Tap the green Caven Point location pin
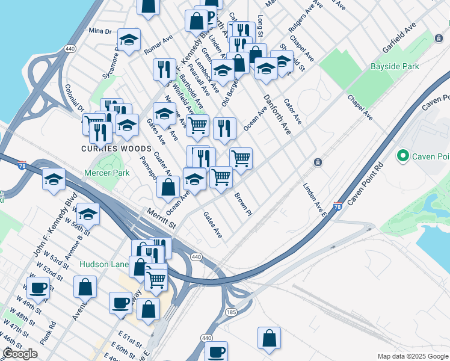(x=402, y=157)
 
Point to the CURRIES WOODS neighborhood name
(x=106, y=148)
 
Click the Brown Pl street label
(x=242, y=205)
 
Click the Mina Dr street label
(x=100, y=31)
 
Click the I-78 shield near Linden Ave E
(x=338, y=206)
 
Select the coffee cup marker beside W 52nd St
(x=39, y=288)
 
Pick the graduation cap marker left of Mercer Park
(x=54, y=179)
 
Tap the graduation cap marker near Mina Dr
(x=129, y=40)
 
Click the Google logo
(x=20, y=354)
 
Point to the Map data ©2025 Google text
(x=413, y=356)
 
